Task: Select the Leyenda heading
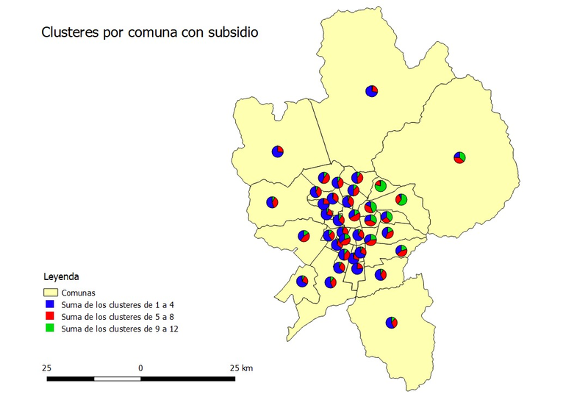click(62, 278)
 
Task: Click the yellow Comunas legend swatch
click(51, 292)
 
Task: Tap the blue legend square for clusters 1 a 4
click(51, 304)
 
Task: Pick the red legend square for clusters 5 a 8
click(51, 316)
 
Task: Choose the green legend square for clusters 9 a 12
click(51, 328)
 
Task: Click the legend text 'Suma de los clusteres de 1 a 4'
click(118, 304)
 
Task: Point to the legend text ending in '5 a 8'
click(118, 316)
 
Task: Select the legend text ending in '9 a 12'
click(120, 329)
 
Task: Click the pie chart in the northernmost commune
click(372, 91)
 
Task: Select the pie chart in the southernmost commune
click(391, 323)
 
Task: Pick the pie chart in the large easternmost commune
click(459, 157)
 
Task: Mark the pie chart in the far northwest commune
click(277, 151)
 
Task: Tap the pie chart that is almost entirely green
click(381, 185)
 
